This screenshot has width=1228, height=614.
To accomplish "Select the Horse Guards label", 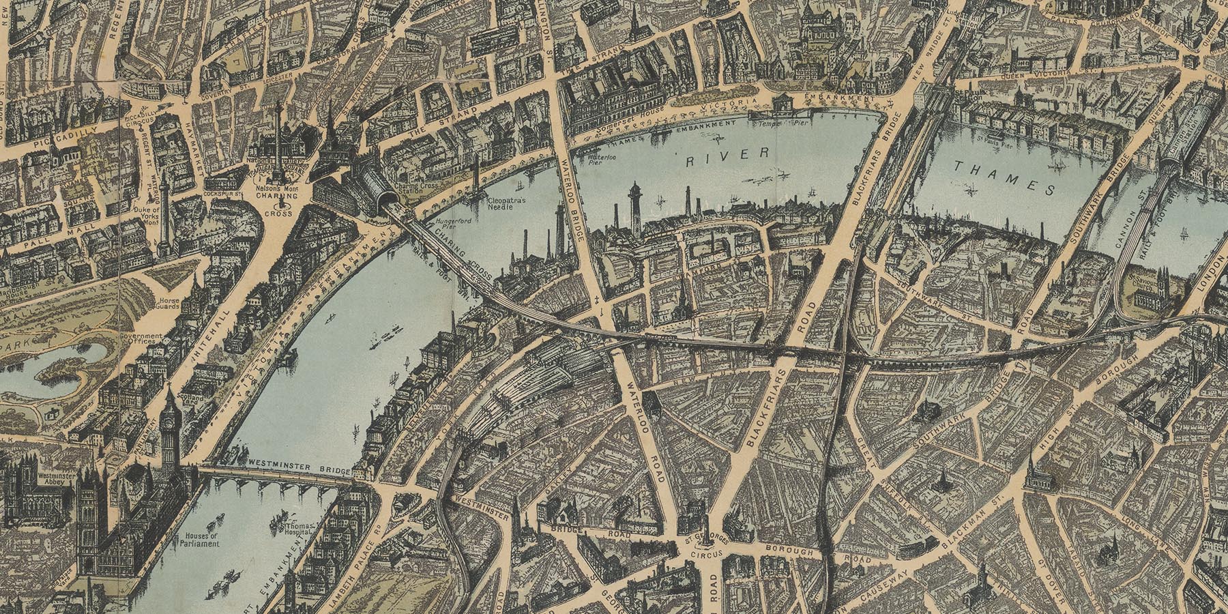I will point(166,304).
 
